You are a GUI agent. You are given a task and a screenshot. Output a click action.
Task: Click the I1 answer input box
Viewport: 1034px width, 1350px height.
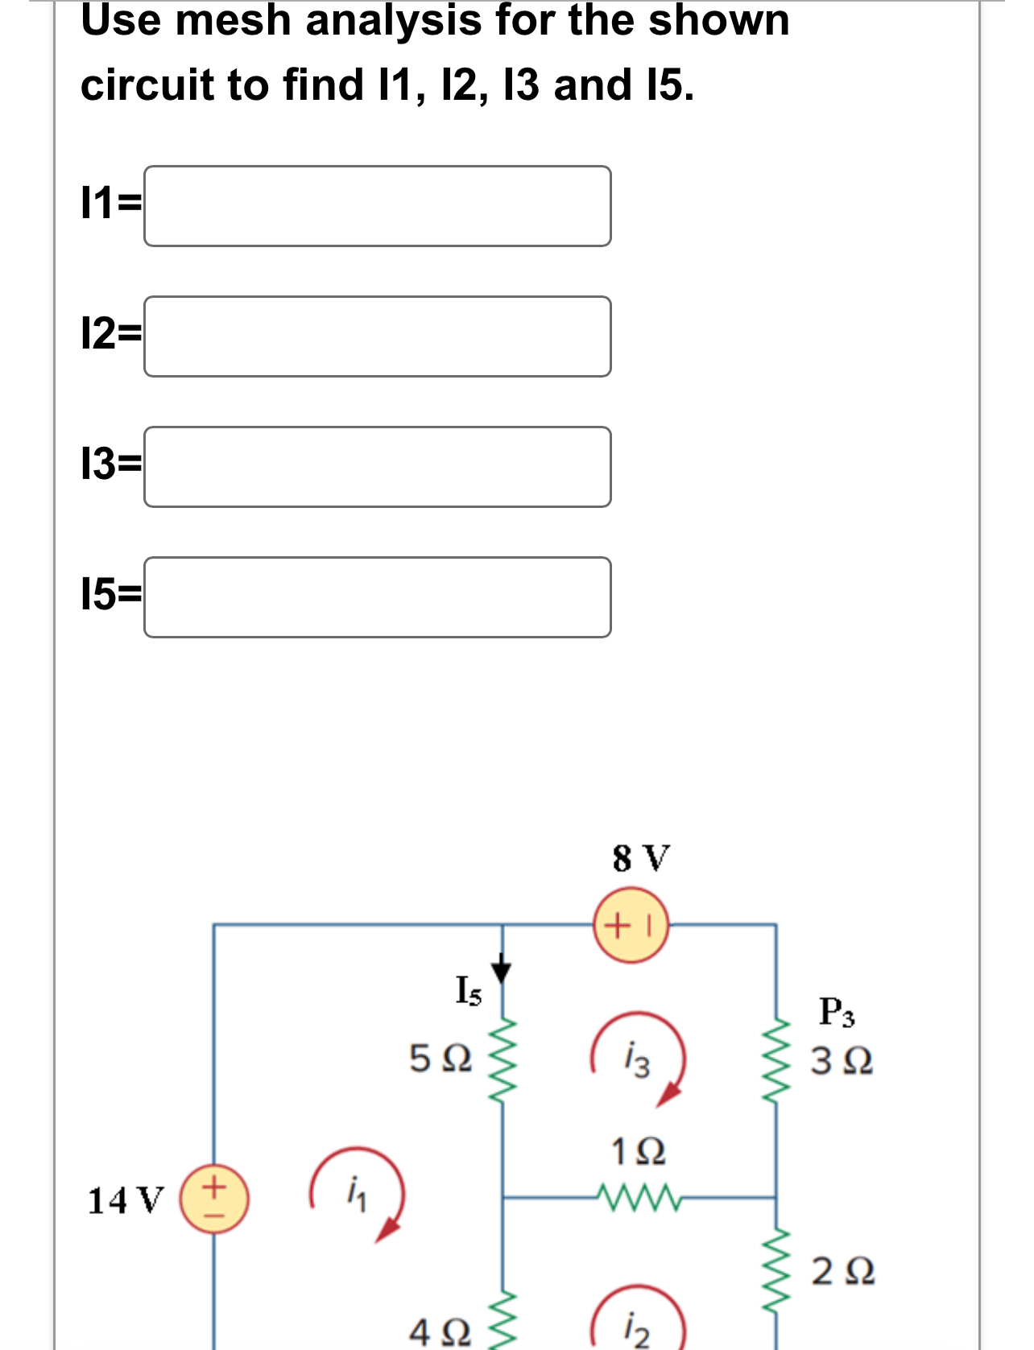click(x=377, y=206)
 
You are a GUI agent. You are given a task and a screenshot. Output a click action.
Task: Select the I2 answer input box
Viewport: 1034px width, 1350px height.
click(x=377, y=336)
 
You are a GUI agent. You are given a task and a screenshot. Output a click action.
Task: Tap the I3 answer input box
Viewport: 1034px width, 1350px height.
click(x=377, y=467)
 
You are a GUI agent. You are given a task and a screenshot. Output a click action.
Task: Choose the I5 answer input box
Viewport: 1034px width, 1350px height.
click(x=377, y=597)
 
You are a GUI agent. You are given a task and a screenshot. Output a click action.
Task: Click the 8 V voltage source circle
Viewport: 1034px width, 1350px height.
click(x=631, y=925)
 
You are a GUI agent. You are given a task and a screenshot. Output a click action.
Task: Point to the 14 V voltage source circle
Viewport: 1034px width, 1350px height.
click(x=213, y=1199)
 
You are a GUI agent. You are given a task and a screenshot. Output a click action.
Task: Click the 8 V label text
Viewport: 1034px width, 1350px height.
click(x=640, y=858)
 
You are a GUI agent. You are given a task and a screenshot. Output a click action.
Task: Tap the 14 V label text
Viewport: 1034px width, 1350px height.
click(x=125, y=1200)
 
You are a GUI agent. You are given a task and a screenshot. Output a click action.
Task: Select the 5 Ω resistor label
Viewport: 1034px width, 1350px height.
click(x=440, y=1058)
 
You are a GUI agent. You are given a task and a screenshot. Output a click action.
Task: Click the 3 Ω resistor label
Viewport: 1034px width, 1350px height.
click(x=842, y=1061)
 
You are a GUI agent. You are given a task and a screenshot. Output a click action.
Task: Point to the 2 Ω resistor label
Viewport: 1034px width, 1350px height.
click(x=842, y=1271)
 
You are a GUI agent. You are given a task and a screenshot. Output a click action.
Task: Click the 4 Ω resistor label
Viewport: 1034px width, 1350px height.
click(x=440, y=1332)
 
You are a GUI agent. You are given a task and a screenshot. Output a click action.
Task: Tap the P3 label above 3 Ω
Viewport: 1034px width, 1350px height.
click(x=837, y=1012)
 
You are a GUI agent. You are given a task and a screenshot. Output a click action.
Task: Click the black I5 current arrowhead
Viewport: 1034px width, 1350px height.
click(x=503, y=971)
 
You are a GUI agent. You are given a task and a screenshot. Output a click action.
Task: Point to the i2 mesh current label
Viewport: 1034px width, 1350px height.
click(x=637, y=1330)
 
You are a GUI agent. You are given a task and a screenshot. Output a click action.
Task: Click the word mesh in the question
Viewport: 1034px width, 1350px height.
click(x=233, y=20)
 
